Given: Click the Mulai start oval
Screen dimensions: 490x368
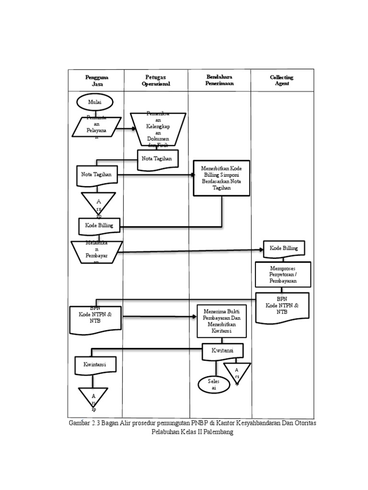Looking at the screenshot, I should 95,102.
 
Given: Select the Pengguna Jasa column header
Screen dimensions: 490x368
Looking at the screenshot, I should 96,80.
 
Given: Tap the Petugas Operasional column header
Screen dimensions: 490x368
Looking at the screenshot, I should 156,80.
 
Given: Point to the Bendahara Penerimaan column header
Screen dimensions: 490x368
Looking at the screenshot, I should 219,80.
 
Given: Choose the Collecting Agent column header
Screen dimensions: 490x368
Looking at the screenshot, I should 282,80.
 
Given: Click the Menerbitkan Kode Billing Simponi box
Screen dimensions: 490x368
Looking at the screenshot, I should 221,178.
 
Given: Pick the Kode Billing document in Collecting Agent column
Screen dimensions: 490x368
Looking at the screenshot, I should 284,248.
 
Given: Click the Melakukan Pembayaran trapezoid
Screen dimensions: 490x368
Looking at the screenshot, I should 96,252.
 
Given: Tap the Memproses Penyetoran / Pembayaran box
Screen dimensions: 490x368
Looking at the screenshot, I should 283,275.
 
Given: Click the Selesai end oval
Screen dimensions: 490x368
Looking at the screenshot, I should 212,384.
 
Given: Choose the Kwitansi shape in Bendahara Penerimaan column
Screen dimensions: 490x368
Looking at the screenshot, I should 222,351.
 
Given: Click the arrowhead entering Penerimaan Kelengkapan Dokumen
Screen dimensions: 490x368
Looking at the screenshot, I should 134,129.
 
